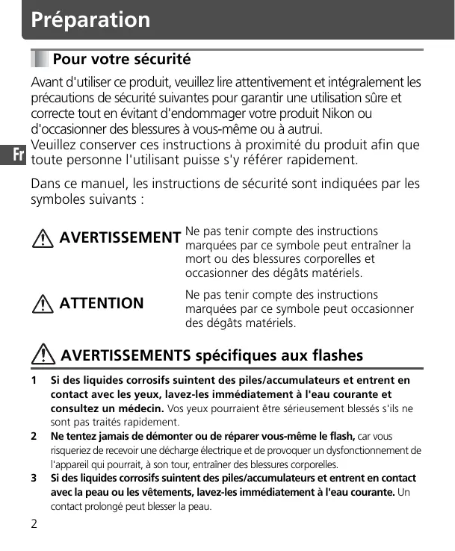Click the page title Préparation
(90, 19)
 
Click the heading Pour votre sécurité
(122, 59)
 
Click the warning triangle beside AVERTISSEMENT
(46, 238)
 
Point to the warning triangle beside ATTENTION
(46, 303)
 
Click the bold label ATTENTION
(102, 303)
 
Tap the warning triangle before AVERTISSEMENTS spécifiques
(46, 355)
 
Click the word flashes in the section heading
(331, 355)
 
